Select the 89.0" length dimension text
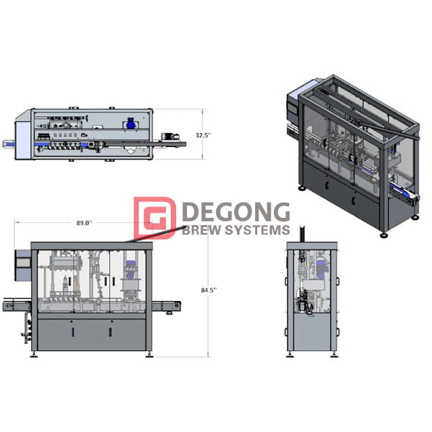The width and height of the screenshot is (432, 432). click(x=84, y=221)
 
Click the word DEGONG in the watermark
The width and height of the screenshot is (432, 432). click(x=236, y=213)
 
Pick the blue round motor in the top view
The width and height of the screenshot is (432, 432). click(x=131, y=123)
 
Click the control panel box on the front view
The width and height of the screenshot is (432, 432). click(x=23, y=265)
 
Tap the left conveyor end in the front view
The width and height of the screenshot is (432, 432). click(x=7, y=306)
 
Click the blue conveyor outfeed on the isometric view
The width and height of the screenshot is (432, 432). click(x=407, y=196)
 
